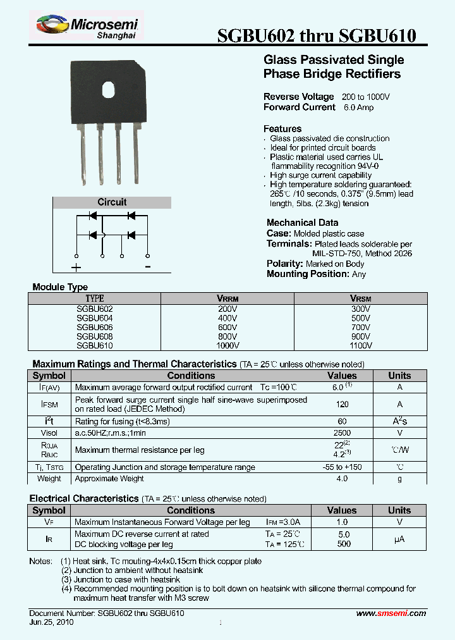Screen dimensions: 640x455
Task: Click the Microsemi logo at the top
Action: (88, 27)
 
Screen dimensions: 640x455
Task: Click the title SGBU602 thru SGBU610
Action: (316, 36)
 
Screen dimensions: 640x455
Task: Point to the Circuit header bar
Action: (112, 202)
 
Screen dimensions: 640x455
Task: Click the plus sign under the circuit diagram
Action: (76, 268)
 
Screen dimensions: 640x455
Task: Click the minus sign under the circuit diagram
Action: (147, 267)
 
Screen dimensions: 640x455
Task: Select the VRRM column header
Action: (227, 298)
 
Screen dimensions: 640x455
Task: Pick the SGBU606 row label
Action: (94, 328)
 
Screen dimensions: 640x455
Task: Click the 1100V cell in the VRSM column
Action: (360, 346)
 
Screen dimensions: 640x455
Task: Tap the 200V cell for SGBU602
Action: (227, 309)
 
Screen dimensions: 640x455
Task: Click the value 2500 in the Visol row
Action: (342, 433)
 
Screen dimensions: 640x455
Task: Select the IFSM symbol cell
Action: (50, 404)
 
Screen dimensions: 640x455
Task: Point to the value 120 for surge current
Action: (342, 404)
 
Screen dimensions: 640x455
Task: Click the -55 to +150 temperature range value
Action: (342, 467)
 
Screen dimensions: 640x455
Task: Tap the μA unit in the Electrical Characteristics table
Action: (399, 539)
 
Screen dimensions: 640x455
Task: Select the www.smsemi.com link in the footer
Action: (391, 613)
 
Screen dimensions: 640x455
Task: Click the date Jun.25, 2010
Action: (52, 622)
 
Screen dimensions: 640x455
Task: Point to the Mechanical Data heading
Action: (302, 223)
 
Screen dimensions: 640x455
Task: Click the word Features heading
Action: (282, 129)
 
